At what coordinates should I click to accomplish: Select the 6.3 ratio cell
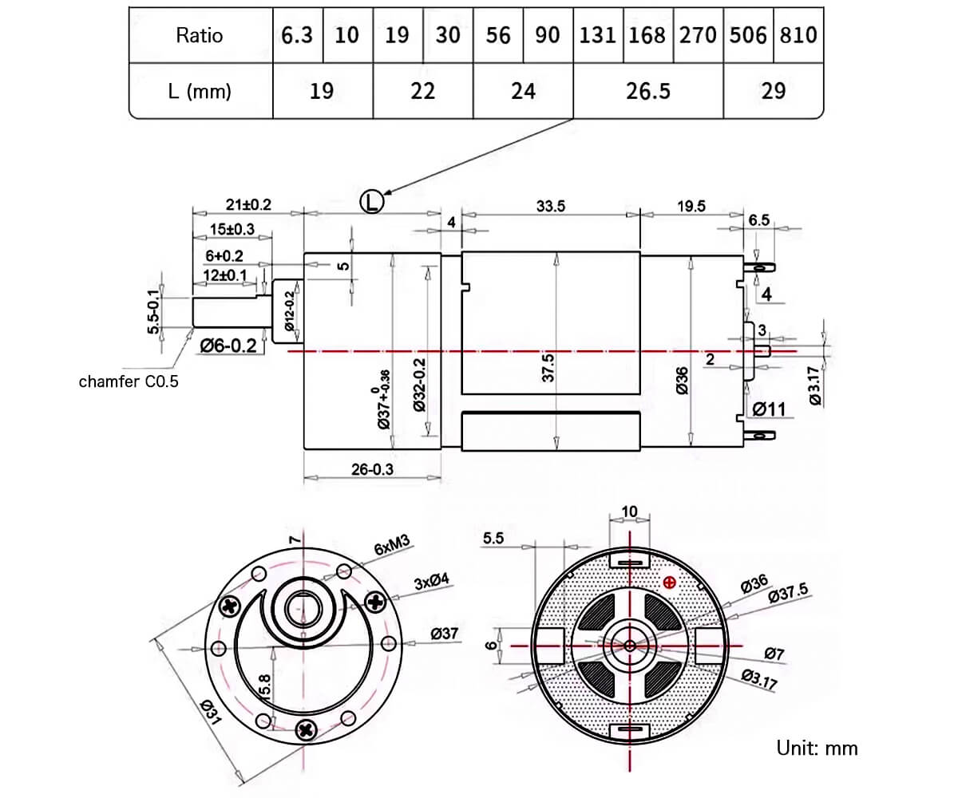click(x=297, y=35)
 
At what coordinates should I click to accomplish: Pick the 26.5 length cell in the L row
click(x=647, y=91)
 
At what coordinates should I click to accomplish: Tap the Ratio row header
click(x=200, y=35)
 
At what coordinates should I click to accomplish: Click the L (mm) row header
click(x=200, y=91)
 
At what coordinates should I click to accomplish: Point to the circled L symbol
click(x=371, y=201)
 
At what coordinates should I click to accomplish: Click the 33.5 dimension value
click(x=551, y=205)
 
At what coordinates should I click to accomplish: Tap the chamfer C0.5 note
click(x=129, y=381)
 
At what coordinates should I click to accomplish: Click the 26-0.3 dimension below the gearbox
click(x=372, y=469)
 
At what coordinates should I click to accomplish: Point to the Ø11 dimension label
click(x=770, y=409)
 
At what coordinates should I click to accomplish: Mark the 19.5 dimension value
click(x=691, y=205)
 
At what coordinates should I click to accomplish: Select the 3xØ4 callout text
click(x=432, y=583)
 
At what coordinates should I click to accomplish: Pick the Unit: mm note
click(x=817, y=748)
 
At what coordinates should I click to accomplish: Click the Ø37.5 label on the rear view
click(x=788, y=591)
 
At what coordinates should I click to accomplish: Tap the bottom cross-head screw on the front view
click(x=306, y=729)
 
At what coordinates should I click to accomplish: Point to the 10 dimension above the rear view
click(x=629, y=511)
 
